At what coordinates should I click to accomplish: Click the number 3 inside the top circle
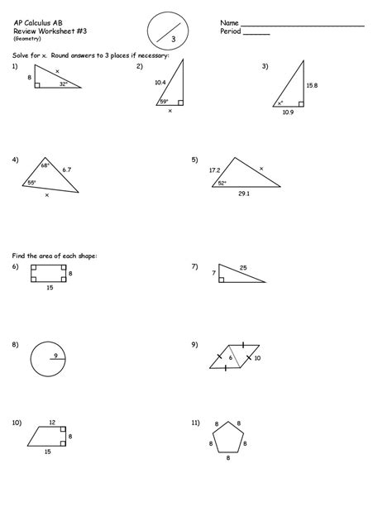174,39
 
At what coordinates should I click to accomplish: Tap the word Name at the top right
229,22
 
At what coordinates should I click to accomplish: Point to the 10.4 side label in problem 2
160,83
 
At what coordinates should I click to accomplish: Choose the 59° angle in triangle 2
164,102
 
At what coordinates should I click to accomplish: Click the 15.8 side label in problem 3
312,84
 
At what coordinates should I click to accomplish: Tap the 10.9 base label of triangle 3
287,112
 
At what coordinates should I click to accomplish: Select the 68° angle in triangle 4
45,165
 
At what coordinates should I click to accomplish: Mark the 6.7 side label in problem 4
66,170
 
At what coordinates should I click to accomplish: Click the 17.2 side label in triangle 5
214,170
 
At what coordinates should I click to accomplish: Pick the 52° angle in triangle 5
222,183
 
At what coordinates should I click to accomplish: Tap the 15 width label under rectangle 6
50,287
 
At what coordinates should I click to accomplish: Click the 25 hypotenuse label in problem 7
243,267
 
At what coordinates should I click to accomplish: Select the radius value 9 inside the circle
55,356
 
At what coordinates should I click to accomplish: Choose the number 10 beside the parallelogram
256,358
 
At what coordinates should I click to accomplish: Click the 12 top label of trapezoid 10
52,423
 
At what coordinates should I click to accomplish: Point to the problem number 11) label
195,423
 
